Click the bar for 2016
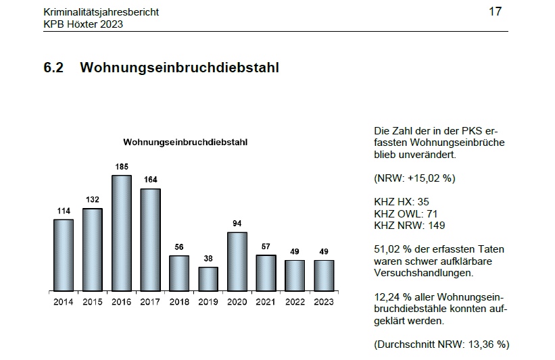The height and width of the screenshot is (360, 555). (121, 233)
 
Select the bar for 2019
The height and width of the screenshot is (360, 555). (208, 278)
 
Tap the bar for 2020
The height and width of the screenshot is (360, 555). (237, 261)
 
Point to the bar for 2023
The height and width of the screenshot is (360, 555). (324, 275)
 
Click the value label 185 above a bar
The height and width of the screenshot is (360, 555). (121, 166)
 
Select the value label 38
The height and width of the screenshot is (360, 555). (208, 258)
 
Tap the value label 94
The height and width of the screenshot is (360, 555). (237, 224)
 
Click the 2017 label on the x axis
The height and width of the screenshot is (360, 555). (150, 302)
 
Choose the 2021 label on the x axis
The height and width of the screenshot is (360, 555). (266, 302)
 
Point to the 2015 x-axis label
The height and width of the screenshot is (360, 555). (93, 302)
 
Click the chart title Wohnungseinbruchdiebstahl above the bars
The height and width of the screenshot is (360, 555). (185, 142)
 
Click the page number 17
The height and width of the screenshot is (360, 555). (495, 12)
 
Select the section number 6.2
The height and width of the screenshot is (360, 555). (53, 68)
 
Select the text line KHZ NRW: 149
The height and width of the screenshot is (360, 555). (410, 226)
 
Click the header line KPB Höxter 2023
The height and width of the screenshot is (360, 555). (82, 24)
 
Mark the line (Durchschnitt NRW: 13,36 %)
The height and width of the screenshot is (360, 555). (441, 344)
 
